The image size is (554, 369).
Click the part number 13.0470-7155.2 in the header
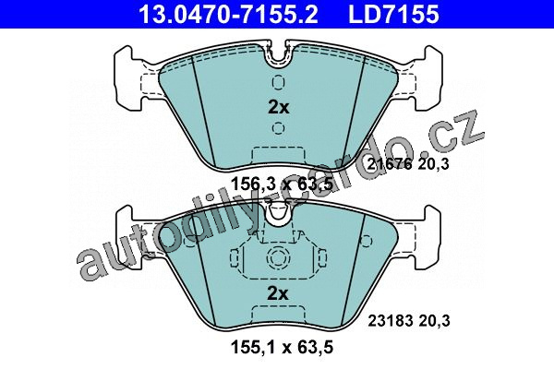point(229,14)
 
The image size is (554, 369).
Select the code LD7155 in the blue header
point(393,14)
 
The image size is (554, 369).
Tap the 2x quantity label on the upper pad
point(279,107)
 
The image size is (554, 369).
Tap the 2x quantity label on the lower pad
point(278,292)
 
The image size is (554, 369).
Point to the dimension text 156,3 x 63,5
point(282,184)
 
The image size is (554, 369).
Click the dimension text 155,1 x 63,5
point(282,347)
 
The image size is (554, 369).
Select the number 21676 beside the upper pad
point(390,164)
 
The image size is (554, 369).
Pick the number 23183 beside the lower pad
point(391,321)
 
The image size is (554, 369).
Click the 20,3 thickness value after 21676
point(434,164)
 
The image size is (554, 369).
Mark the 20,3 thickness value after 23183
point(434,321)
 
